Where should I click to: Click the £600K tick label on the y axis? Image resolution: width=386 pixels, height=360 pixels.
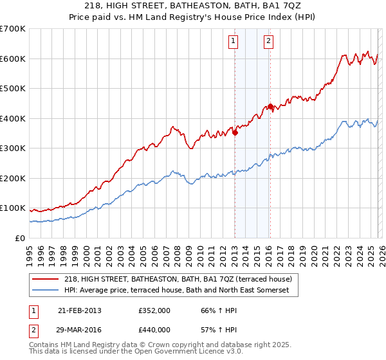(x=13, y=59)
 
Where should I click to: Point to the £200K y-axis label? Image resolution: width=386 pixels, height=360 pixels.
(x=13, y=178)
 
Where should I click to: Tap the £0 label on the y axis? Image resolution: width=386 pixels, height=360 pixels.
(x=19, y=238)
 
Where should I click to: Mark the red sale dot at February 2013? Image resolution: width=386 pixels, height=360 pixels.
(x=235, y=133)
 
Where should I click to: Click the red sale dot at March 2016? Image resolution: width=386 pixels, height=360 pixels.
(x=271, y=107)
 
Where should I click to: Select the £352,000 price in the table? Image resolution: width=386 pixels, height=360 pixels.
(x=154, y=310)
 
